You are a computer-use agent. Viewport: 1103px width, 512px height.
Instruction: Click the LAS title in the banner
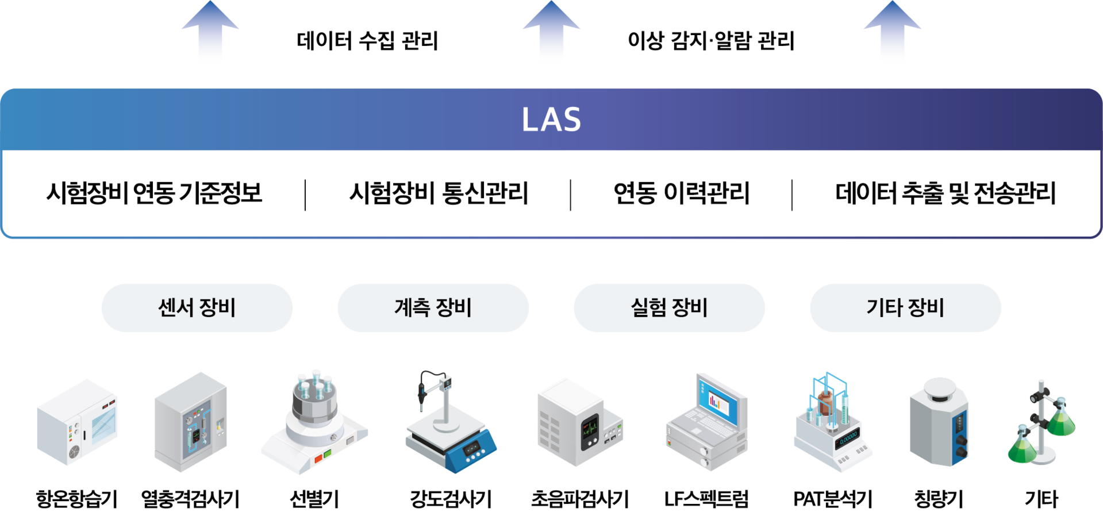click(x=551, y=120)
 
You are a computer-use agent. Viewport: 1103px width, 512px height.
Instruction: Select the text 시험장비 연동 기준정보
click(x=154, y=193)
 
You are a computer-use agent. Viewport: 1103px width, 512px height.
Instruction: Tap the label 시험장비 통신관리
click(x=439, y=193)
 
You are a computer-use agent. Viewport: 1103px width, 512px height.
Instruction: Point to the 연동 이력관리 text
click(x=681, y=193)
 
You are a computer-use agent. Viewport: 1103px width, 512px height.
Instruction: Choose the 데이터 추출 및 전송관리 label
click(x=946, y=193)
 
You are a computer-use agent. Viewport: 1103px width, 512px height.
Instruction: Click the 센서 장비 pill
click(x=197, y=308)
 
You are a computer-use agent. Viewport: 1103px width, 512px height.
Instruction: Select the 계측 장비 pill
click(x=433, y=308)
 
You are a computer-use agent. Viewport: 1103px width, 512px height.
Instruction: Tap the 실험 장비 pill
click(x=669, y=308)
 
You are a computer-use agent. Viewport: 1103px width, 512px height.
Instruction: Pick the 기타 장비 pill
click(x=905, y=308)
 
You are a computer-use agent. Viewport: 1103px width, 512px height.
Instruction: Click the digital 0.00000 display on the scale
click(x=847, y=439)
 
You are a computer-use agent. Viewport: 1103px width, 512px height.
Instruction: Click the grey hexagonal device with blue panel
click(x=939, y=422)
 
